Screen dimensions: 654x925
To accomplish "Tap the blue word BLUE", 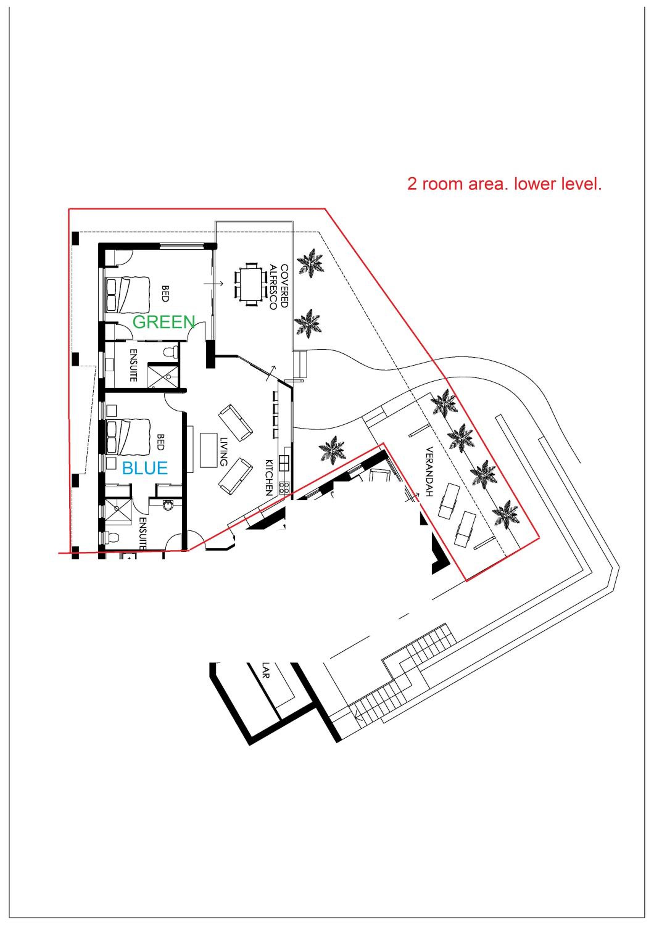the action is click(145, 468).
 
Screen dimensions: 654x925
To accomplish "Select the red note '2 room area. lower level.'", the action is click(504, 184).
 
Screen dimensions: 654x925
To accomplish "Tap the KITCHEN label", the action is click(269, 477).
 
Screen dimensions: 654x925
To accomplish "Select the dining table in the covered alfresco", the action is click(250, 285).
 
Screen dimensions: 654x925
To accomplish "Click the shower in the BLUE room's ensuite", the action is click(118, 511).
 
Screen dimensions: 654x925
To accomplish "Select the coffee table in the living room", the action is click(208, 450).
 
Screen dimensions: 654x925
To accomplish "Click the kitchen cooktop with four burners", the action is click(284, 488).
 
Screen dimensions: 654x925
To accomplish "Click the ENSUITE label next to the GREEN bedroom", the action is click(133, 365).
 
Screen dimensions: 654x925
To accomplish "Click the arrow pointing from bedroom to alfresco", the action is click(213, 284).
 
